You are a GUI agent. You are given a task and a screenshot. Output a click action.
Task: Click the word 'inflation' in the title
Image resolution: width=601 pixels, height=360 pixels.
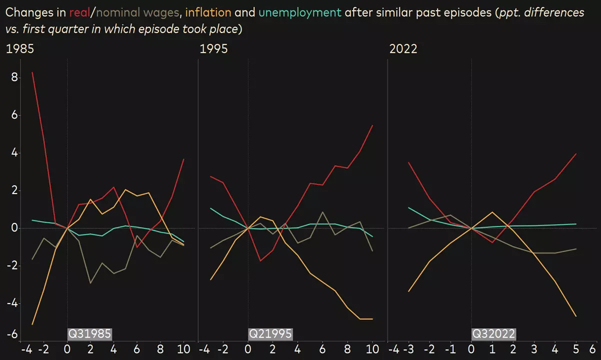pyautogui.click(x=208, y=12)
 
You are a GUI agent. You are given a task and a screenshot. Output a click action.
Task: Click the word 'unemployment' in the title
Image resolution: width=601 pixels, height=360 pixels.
pyautogui.click(x=300, y=12)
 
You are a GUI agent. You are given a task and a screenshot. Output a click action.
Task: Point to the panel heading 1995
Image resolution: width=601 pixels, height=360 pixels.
pyautogui.click(x=213, y=48)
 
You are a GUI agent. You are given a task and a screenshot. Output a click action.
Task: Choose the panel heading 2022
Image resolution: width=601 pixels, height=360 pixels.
pyautogui.click(x=403, y=48)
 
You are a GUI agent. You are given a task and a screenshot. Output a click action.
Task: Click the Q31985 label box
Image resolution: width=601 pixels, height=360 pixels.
pyautogui.click(x=89, y=334)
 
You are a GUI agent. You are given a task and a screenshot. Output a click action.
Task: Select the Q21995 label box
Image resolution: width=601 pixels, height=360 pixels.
pyautogui.click(x=270, y=334)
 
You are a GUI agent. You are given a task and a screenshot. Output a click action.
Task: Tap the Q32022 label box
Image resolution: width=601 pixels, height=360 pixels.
pyautogui.click(x=493, y=334)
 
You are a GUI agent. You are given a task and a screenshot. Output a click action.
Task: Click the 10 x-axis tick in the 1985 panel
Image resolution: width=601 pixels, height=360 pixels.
pyautogui.click(x=183, y=349)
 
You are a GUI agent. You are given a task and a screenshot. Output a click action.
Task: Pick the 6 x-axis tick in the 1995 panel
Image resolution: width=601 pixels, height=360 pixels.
pyautogui.click(x=322, y=349)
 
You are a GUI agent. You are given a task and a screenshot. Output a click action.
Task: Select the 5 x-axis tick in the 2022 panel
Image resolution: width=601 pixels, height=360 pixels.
pyautogui.click(x=576, y=349)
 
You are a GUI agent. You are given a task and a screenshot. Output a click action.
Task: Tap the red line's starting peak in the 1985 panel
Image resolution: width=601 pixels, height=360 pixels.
pyautogui.click(x=32, y=72)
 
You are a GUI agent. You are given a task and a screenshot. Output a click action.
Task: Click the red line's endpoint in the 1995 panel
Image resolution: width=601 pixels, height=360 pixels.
pyautogui.click(x=372, y=125)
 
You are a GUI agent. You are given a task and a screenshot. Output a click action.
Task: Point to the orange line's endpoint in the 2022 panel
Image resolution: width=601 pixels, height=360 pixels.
pyautogui.click(x=576, y=316)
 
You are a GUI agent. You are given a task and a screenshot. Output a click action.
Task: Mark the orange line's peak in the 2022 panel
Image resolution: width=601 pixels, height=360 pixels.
pyautogui.click(x=492, y=212)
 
